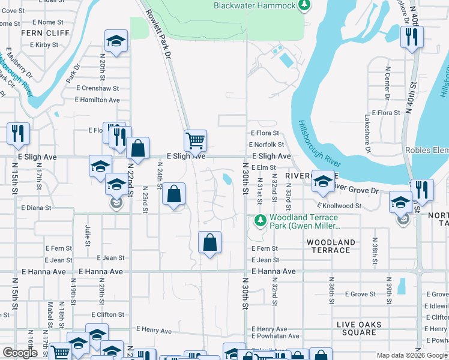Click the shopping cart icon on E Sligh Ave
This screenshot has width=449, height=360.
pyautogui.click(x=195, y=141)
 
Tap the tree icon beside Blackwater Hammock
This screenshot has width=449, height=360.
pyautogui.click(x=305, y=5)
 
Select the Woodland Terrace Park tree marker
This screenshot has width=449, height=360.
pyautogui.click(x=260, y=221)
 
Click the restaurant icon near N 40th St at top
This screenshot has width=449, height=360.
pyautogui.click(x=412, y=37)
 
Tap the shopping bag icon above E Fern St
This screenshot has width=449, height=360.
pyautogui.click(x=209, y=243)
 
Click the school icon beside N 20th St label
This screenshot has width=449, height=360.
pyautogui.click(x=116, y=41)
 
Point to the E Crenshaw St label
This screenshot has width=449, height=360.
pyautogui.click(x=98, y=88)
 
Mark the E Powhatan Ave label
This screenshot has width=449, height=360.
pyautogui.click(x=273, y=338)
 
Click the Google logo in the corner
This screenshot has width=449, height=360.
pyautogui.click(x=20, y=353)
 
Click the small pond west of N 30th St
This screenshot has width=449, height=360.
pyautogui.click(x=226, y=179)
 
